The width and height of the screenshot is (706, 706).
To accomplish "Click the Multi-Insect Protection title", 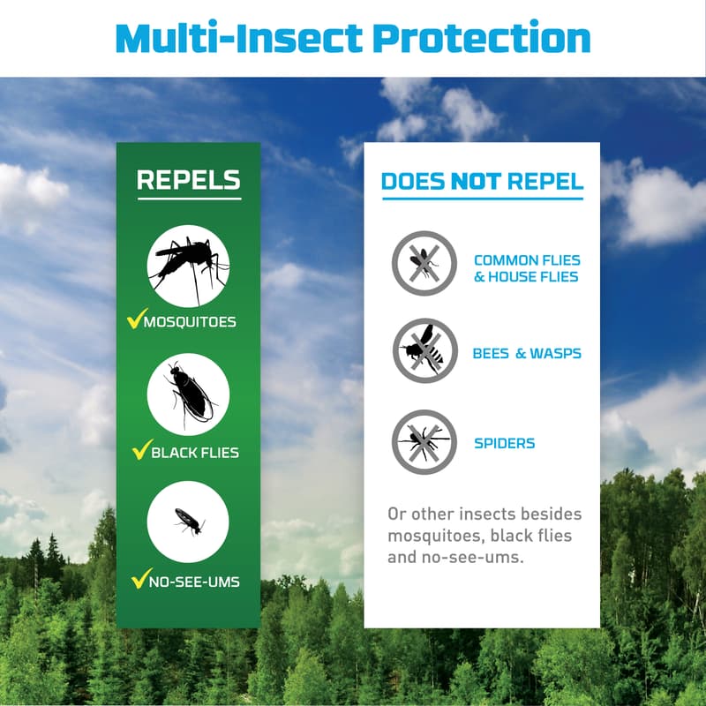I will coord(353,38).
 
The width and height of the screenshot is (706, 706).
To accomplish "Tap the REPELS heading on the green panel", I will coord(188,180).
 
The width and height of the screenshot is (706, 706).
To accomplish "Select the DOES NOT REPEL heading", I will coord(482,182).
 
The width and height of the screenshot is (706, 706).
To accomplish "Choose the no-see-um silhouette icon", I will coord(188,522).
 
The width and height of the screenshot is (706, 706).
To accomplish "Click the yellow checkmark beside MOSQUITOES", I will coord(137,319).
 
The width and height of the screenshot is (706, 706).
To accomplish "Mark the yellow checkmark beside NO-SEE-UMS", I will coord(140,579).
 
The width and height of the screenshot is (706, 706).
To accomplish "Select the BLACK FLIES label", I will coord(195,453).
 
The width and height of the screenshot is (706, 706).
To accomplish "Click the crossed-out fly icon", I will coord(424,263).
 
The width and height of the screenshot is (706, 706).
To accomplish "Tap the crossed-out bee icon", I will coord(424,351).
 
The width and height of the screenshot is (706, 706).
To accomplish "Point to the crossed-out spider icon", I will coord(424,441).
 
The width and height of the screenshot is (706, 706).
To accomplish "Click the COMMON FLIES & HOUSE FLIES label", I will coord(526,268).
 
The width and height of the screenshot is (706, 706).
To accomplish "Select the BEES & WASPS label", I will coord(527,354).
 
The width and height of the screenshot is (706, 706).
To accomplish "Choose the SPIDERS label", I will coord(504,442).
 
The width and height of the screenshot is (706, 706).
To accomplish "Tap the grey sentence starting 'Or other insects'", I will coord(484,536).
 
